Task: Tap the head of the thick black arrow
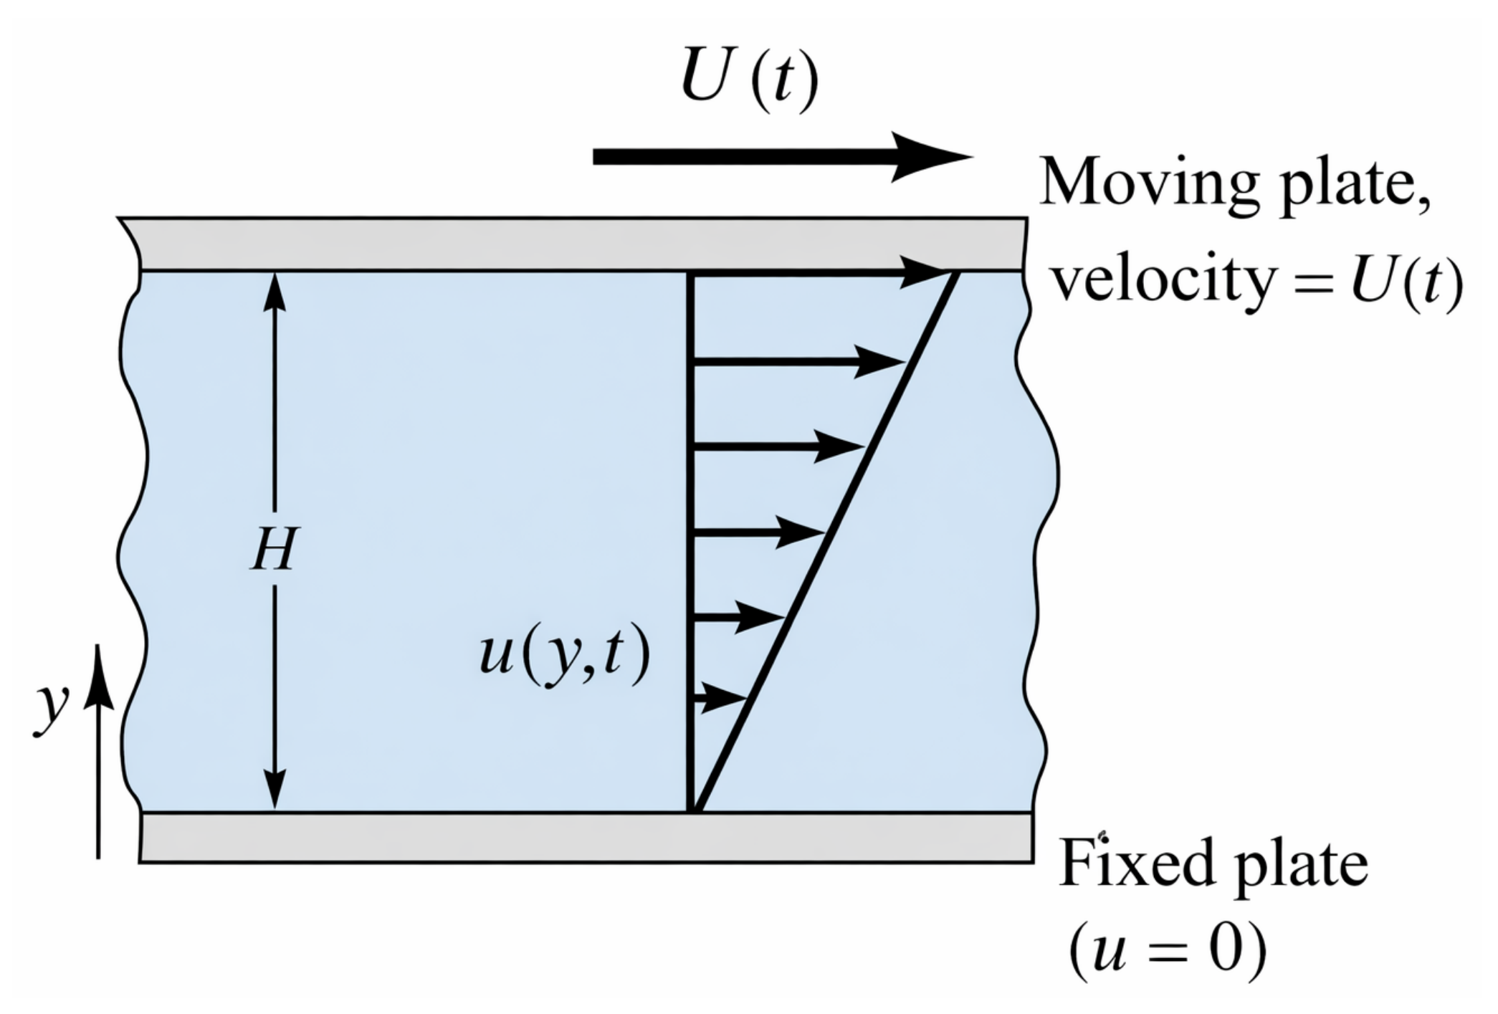click(932, 156)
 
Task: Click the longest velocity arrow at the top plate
click(821, 272)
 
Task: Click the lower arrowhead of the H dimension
click(275, 789)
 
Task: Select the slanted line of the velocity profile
click(826, 541)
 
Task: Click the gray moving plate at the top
click(573, 244)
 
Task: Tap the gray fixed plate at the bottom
click(586, 837)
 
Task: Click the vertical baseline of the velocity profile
click(690, 541)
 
